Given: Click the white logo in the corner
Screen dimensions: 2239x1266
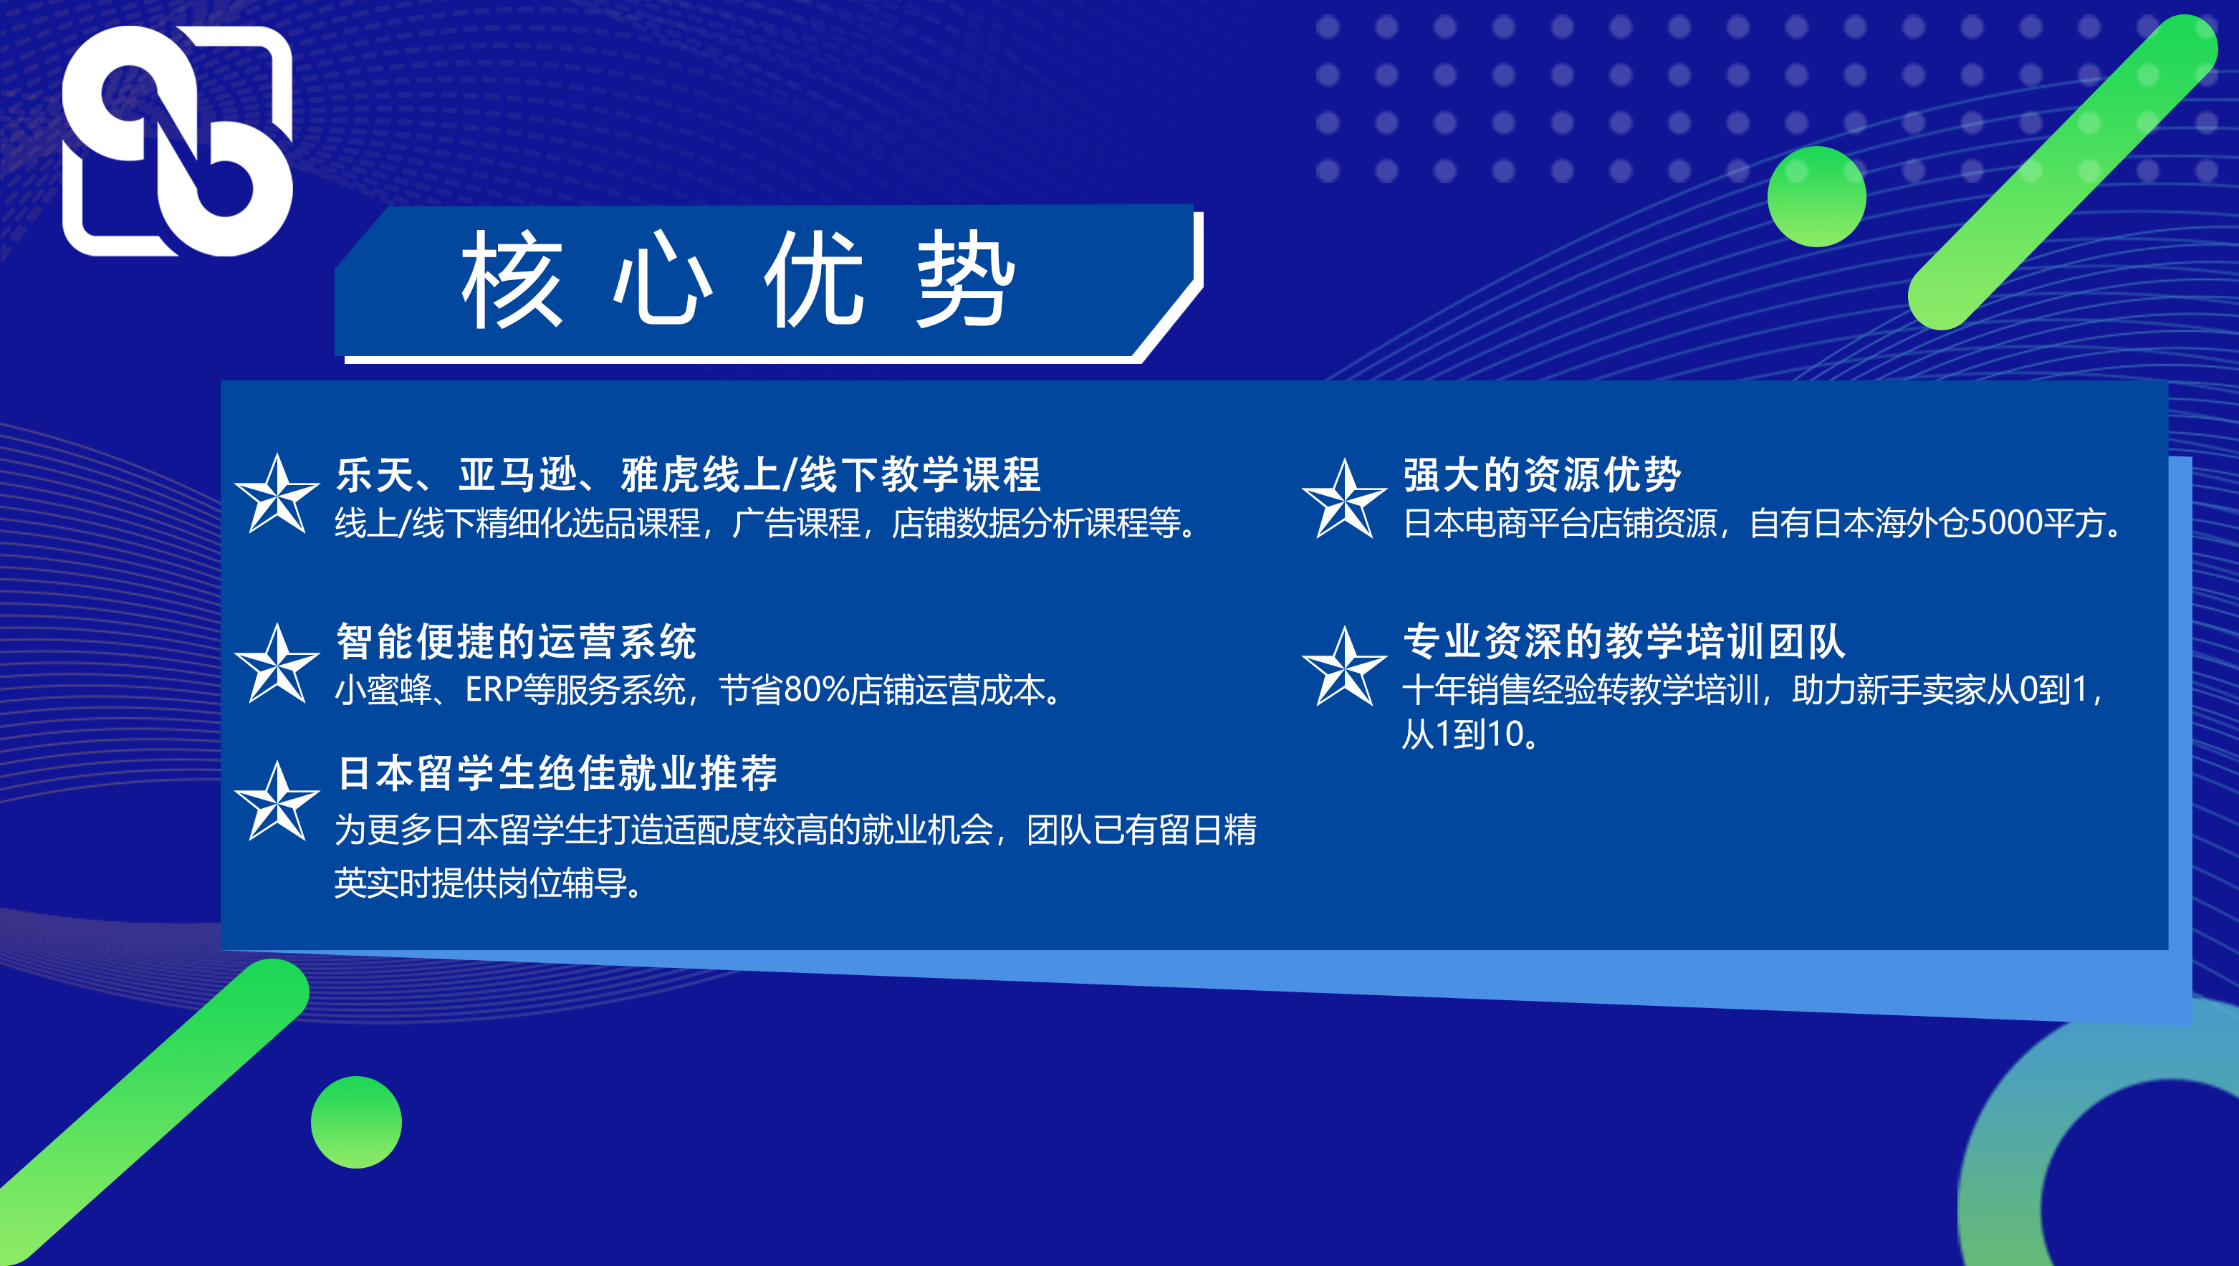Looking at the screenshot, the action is pyautogui.click(x=178, y=141).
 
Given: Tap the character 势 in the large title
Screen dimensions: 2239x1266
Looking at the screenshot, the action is pyautogui.click(x=966, y=279).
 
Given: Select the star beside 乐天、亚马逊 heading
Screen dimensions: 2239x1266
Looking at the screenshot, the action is pyautogui.click(x=277, y=494).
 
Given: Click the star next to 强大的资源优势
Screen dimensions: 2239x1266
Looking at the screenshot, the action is pyautogui.click(x=1344, y=499).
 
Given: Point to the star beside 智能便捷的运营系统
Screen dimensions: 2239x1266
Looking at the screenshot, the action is pyautogui.click(x=277, y=663).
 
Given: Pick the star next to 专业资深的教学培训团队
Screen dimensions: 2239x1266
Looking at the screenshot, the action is pyautogui.click(x=1344, y=667).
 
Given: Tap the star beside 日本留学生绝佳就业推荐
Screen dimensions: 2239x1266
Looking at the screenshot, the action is pyautogui.click(x=277, y=802).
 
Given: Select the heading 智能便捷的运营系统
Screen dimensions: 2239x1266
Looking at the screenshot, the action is pyautogui.click(x=517, y=642).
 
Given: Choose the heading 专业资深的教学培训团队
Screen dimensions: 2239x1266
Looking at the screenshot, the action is pyautogui.click(x=1624, y=642).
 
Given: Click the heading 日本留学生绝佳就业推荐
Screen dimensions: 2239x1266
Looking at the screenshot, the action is pyautogui.click(x=557, y=773).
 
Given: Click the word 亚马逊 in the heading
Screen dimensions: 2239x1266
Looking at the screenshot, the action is pyautogui.click(x=518, y=475).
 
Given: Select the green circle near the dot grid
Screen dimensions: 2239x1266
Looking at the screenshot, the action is pyautogui.click(x=1816, y=196).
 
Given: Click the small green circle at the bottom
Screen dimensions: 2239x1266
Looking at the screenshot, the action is pyautogui.click(x=357, y=1122).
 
